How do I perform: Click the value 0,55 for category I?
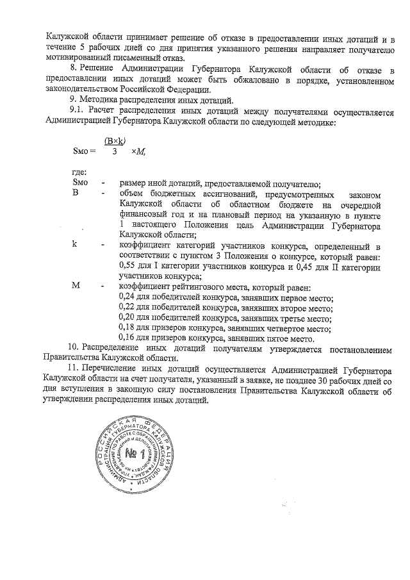(x=128, y=266)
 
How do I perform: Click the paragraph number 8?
(x=72, y=69)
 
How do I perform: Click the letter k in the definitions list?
(x=75, y=245)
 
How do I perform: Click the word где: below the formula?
(x=81, y=173)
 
